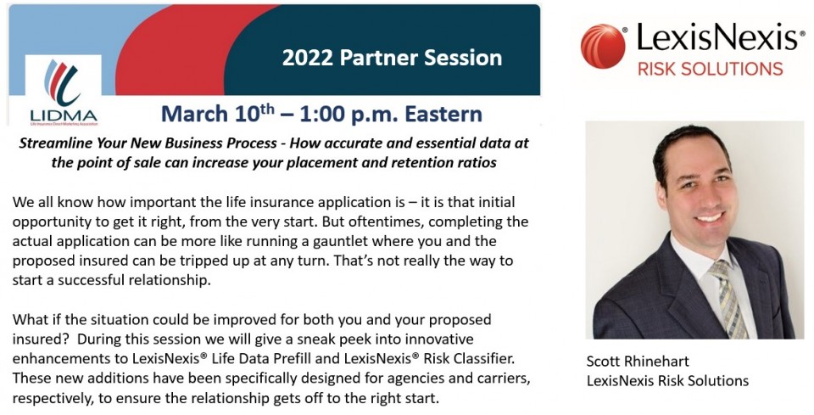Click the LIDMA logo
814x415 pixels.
point(63,92)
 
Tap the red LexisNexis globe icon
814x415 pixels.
point(603,46)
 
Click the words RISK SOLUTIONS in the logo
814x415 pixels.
point(711,69)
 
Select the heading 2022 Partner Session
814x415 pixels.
point(392,58)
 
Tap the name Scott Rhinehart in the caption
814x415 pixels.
point(638,361)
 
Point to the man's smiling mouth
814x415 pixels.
point(711,216)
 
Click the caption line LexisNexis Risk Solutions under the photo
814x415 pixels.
point(667,381)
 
